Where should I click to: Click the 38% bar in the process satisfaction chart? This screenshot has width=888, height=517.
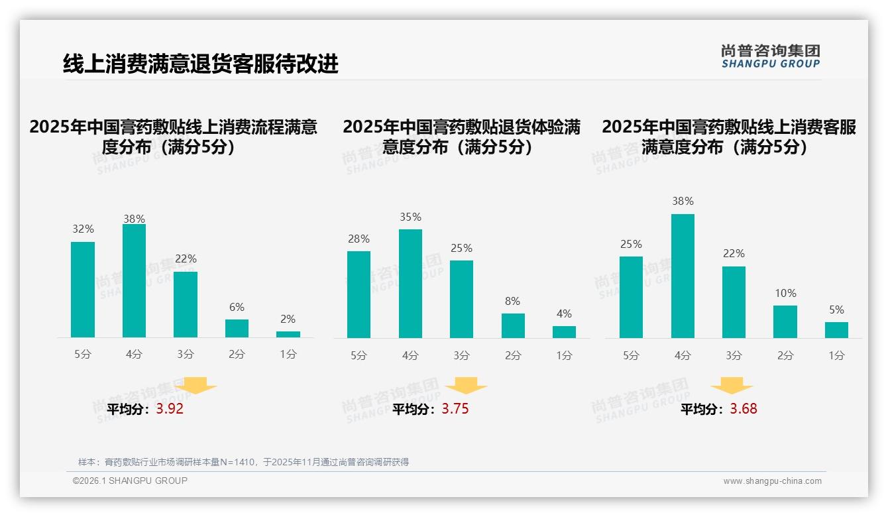pos(134,281)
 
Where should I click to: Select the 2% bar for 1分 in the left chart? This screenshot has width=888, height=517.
pos(288,335)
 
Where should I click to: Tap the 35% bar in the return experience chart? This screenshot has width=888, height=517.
pos(410,284)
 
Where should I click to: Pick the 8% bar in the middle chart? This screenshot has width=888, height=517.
pos(513,326)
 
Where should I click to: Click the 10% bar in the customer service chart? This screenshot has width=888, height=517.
pos(785,322)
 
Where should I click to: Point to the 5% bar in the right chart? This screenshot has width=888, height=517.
pos(836,330)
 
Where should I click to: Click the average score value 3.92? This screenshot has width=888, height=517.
pos(170,409)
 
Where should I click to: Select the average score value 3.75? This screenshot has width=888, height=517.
pos(455,409)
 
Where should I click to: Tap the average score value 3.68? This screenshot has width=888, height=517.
pos(744,409)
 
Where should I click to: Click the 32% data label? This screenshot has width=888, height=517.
pos(83,229)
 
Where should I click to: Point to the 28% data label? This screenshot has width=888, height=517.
pos(359,239)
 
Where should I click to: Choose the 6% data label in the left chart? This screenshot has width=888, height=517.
pos(237,308)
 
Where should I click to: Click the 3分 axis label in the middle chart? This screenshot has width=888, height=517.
pos(462,356)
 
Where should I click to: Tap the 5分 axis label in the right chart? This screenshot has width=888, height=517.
pos(631,356)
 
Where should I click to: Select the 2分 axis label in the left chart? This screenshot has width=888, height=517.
pos(237,355)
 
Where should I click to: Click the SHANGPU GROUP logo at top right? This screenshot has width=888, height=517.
pos(771,56)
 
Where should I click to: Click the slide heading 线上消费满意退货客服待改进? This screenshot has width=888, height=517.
pos(200,64)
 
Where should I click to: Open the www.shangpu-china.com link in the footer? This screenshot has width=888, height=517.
pos(772,481)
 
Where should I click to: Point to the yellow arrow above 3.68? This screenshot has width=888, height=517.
pos(732,386)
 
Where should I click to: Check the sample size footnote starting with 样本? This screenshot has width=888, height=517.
pos(243,462)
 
